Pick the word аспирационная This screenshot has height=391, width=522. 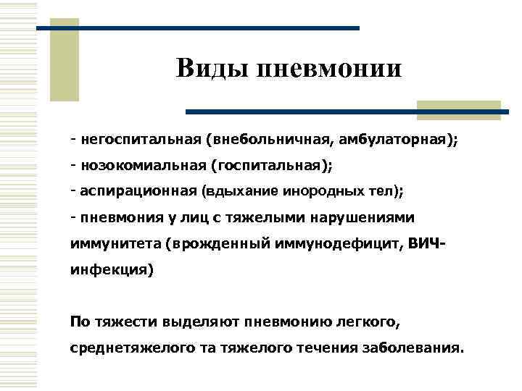[138, 191]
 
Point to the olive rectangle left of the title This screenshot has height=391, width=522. [63, 62]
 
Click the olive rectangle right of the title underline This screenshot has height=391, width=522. [460, 110]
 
